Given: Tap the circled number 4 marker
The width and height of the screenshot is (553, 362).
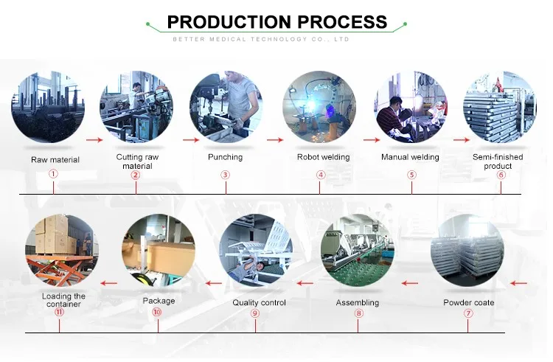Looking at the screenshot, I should point(321,175).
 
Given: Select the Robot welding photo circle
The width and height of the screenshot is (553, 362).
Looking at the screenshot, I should point(320,107).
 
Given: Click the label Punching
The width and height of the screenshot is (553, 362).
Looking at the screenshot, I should point(226,157).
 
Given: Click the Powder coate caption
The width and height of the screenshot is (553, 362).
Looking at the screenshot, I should point(468,303).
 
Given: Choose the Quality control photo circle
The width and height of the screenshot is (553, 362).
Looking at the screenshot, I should point(256,250).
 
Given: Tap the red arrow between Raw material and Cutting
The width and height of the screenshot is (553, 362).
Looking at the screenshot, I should point(94,139).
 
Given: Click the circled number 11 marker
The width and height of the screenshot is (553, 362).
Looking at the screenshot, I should point(59,313).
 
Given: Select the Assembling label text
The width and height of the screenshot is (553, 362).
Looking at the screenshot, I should point(358,303).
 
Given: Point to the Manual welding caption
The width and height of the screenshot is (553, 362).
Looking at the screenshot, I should point(410,157).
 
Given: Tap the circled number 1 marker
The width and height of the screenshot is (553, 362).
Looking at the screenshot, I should point(54,175).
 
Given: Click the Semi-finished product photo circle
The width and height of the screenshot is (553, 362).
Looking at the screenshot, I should point(499,107).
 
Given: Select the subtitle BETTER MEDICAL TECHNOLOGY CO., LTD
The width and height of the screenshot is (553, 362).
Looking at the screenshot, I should point(276,39).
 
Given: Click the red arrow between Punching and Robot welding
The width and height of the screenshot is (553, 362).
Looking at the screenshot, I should point(274,139).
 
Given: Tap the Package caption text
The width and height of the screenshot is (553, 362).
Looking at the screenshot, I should point(159,301).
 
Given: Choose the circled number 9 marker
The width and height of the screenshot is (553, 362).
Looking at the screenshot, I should point(255,313).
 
